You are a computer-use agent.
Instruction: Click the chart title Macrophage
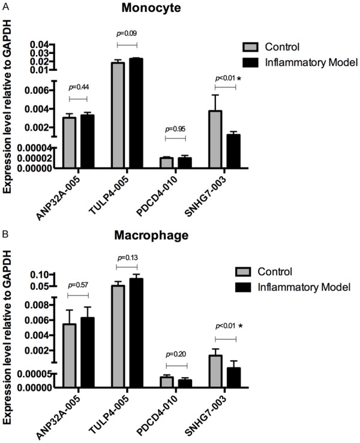tap(151, 236)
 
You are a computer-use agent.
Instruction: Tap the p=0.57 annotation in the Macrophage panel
tap(78, 285)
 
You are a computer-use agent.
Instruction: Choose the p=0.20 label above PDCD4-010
tap(176, 355)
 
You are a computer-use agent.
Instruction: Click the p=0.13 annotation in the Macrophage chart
tap(127, 257)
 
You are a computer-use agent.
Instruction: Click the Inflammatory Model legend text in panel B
tap(303, 288)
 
